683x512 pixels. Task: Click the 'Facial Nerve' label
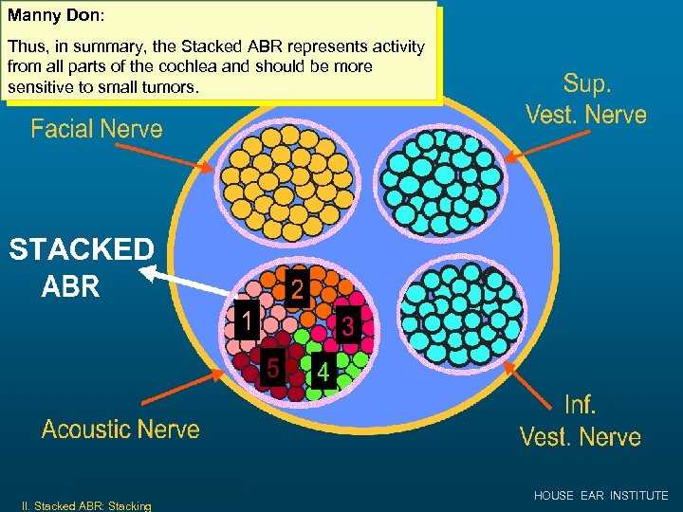[x=97, y=129]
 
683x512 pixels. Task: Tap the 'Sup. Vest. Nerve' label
[x=586, y=100]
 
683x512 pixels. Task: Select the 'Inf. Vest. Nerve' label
[x=581, y=421]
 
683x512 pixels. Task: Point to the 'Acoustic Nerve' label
[x=120, y=430]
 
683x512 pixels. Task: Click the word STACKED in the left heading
[x=81, y=250]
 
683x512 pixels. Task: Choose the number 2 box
[x=297, y=290]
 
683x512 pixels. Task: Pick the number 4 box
[x=323, y=373]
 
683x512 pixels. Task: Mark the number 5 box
[x=271, y=366]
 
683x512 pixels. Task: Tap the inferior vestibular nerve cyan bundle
[x=462, y=312]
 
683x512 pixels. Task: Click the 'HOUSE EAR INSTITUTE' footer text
[x=600, y=496]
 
